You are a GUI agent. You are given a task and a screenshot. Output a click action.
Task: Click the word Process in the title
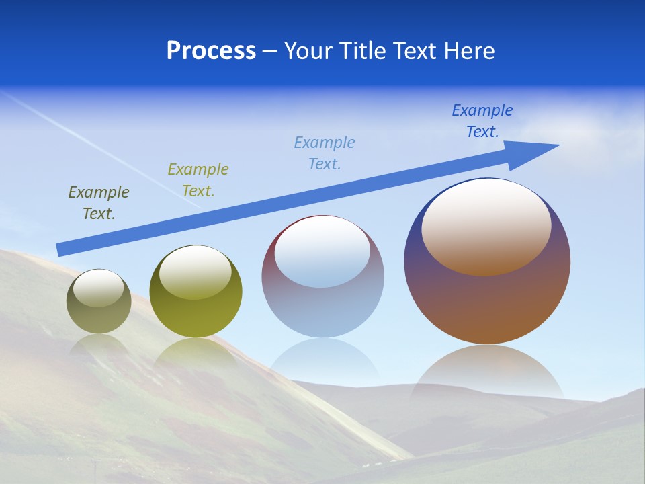tap(211, 51)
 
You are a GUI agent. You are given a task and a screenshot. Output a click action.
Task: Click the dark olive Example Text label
tap(99, 203)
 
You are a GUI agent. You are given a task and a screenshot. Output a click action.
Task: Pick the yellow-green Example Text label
tap(198, 180)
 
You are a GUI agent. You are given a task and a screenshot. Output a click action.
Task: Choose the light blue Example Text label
tap(325, 153)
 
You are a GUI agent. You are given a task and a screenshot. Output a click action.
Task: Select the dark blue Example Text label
tap(482, 121)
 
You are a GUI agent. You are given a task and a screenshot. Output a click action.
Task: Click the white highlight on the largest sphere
tap(486, 225)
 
